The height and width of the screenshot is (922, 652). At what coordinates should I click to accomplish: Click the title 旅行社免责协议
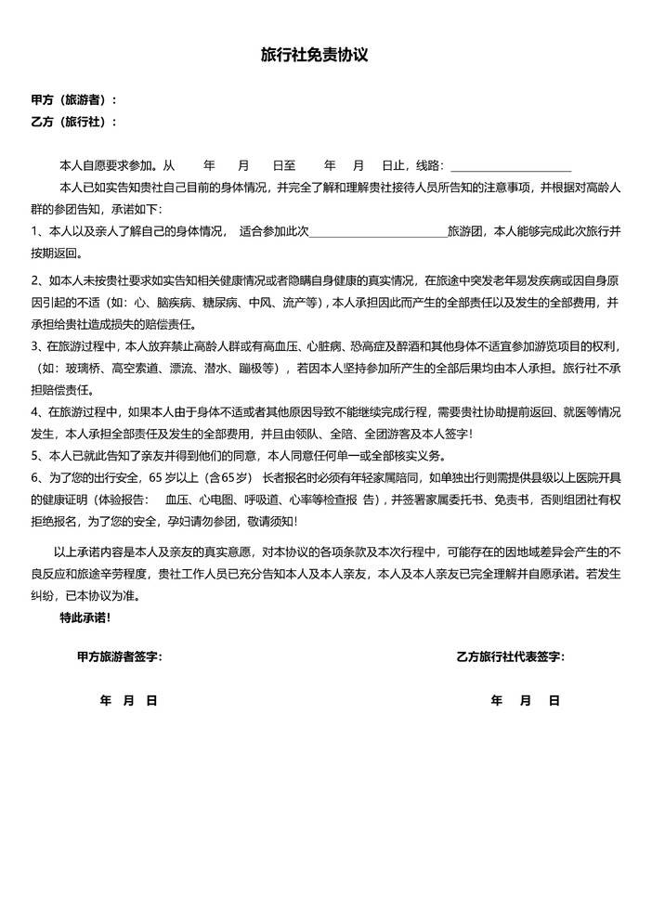pos(315,56)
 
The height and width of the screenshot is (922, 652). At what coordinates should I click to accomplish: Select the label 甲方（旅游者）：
pos(74,99)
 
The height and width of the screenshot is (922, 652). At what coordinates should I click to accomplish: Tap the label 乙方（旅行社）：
pos(74,122)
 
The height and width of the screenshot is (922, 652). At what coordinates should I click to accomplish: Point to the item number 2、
pos(38,279)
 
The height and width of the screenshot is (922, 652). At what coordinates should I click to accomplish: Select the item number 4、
pos(38,411)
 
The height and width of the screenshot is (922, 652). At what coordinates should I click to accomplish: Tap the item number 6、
pos(38,478)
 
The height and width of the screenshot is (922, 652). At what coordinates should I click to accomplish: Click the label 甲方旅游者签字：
pos(119,657)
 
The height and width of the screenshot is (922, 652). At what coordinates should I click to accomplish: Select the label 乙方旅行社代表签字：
pos(510,657)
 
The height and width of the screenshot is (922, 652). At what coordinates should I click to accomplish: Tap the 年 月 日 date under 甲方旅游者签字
pos(128,701)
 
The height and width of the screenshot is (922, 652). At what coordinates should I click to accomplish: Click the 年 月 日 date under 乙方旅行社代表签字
pos(525,701)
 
